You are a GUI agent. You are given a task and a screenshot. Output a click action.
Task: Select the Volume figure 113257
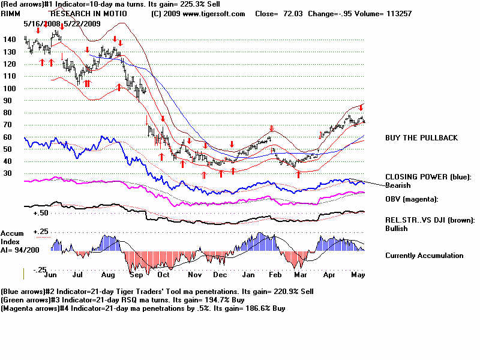(395, 13)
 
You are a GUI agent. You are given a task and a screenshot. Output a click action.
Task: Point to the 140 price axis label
(9, 40)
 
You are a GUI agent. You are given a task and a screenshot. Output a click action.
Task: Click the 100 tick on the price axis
(9, 88)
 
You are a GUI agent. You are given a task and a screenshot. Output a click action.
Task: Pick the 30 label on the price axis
(8, 173)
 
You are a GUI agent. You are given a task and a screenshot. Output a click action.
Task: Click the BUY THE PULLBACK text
(421, 138)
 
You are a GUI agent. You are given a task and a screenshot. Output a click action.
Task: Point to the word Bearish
(398, 185)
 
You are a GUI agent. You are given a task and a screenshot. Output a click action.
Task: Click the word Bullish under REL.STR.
(397, 229)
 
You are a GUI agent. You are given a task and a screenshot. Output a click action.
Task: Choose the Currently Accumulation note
(424, 256)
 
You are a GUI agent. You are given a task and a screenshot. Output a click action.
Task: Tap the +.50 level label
(41, 213)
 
